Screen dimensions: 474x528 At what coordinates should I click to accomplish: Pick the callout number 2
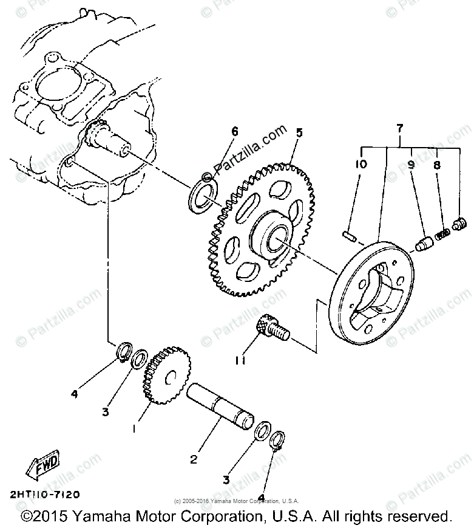(x=194, y=459)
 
